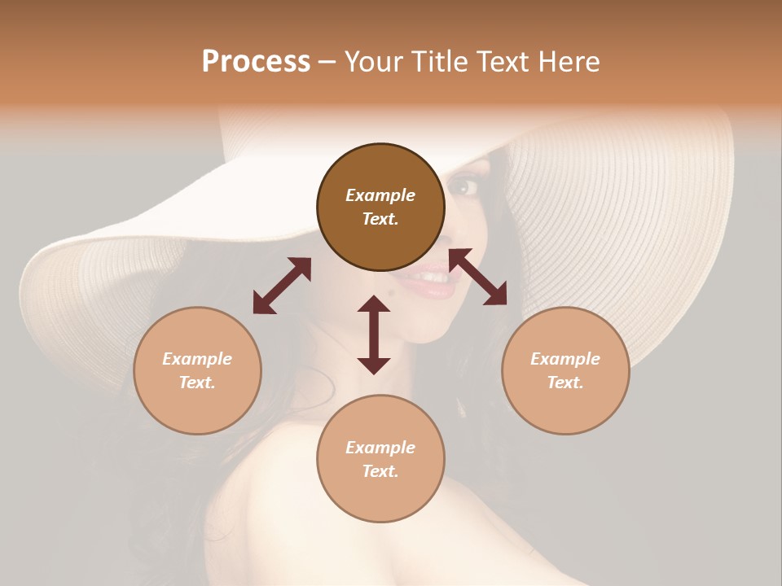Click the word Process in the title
[256, 62]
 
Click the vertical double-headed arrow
[374, 335]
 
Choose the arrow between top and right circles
[478, 277]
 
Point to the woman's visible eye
[467, 186]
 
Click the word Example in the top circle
[380, 195]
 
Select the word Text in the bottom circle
[380, 471]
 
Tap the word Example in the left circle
[197, 359]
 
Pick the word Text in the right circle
[565, 383]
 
